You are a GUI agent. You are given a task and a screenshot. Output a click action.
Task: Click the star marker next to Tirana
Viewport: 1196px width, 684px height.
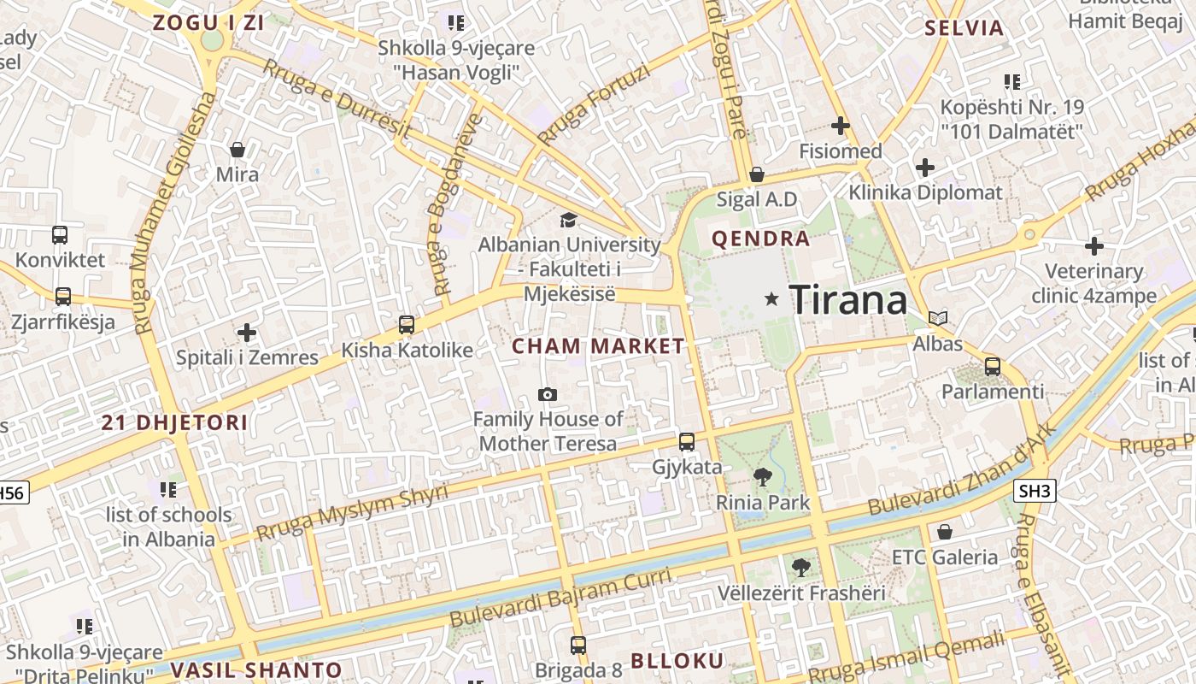771,298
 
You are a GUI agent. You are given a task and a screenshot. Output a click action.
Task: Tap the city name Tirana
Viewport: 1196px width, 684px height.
848,300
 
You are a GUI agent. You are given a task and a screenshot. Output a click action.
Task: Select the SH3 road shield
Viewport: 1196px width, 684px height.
1035,491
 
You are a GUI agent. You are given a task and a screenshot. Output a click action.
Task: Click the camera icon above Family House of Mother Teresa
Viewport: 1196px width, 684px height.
548,394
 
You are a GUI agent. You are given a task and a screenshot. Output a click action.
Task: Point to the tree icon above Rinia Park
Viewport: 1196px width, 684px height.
762,477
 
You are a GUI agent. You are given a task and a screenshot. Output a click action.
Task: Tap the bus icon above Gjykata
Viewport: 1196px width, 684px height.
687,442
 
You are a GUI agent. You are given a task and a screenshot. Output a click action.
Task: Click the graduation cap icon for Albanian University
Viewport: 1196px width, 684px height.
568,221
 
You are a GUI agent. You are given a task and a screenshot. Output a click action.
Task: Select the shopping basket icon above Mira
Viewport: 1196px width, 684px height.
237,150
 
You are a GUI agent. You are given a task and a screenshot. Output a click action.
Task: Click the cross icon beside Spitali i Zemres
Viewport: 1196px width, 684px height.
247,332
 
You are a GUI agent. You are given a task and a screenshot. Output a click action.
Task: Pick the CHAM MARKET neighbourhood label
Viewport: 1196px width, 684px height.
598,346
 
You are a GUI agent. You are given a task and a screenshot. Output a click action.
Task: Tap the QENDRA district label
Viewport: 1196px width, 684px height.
760,239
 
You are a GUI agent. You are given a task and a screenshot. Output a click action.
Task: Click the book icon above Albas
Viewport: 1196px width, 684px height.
938,319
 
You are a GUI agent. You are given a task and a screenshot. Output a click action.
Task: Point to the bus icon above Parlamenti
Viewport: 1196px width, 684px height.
992,367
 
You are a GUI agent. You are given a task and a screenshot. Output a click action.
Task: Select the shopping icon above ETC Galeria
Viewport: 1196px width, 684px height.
944,533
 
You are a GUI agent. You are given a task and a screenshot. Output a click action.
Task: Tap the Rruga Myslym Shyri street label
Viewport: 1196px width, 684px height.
352,510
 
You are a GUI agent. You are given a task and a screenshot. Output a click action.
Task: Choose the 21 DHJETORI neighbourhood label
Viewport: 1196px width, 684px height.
174,422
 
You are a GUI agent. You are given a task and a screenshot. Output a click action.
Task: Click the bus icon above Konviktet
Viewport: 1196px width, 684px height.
60,234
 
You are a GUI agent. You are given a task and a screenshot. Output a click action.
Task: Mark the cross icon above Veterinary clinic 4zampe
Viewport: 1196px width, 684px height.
1094,246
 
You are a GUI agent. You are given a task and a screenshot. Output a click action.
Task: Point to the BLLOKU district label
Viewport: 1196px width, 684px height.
677,660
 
